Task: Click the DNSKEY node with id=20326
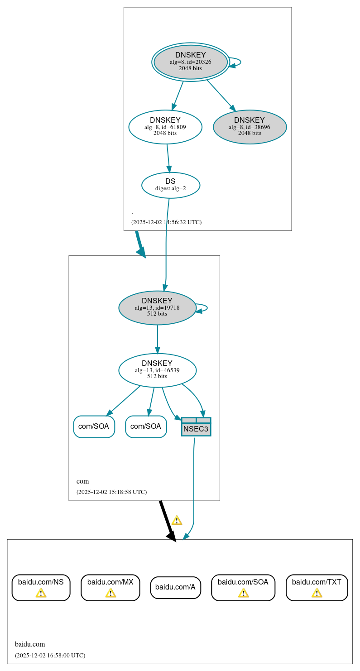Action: click(191, 62)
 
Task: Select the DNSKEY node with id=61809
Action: click(165, 127)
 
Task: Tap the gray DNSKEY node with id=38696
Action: click(250, 127)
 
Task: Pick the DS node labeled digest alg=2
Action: click(171, 185)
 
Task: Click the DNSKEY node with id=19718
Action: click(157, 307)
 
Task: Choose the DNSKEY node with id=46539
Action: click(157, 370)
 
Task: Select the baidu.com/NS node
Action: click(41, 587)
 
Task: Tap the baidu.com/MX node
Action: click(110, 587)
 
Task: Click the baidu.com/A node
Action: click(175, 587)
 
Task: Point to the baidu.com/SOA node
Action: click(243, 587)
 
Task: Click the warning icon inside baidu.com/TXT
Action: click(317, 593)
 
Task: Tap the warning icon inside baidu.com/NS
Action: click(41, 593)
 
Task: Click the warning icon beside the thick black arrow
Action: click(177, 520)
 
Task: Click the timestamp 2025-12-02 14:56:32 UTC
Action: click(166, 222)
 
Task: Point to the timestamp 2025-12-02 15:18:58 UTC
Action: click(111, 492)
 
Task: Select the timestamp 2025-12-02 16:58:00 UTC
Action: click(50, 655)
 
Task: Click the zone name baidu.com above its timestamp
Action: click(30, 644)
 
